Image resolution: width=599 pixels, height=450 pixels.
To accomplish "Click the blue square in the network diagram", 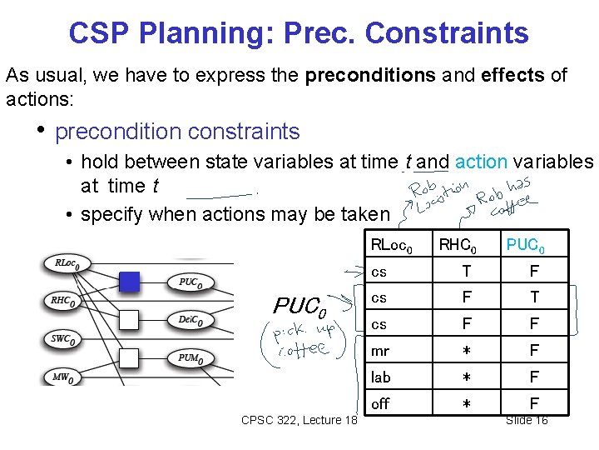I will [129, 282].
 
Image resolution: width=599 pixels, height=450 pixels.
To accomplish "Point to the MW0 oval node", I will [62, 377].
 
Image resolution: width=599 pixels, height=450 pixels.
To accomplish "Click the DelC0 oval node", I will [194, 320].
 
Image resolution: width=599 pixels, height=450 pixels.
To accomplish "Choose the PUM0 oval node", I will [193, 358].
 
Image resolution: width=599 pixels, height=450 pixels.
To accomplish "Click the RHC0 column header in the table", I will [457, 244].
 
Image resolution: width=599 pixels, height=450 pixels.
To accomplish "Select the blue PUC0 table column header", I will [526, 244].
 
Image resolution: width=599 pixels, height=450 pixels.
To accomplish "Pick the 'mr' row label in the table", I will [380, 351].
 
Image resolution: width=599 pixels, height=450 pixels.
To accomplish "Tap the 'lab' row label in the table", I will [381, 377].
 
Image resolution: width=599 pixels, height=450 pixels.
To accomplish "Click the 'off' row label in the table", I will [380, 404].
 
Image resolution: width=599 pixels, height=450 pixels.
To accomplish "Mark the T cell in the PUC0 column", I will [534, 297].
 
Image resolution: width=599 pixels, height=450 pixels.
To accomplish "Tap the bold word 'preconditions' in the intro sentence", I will [369, 75].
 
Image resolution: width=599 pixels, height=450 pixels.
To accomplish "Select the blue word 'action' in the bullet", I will [486, 162].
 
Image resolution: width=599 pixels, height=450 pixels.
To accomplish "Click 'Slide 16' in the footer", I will [527, 420].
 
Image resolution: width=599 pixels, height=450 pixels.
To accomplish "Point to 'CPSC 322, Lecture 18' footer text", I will [299, 420].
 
